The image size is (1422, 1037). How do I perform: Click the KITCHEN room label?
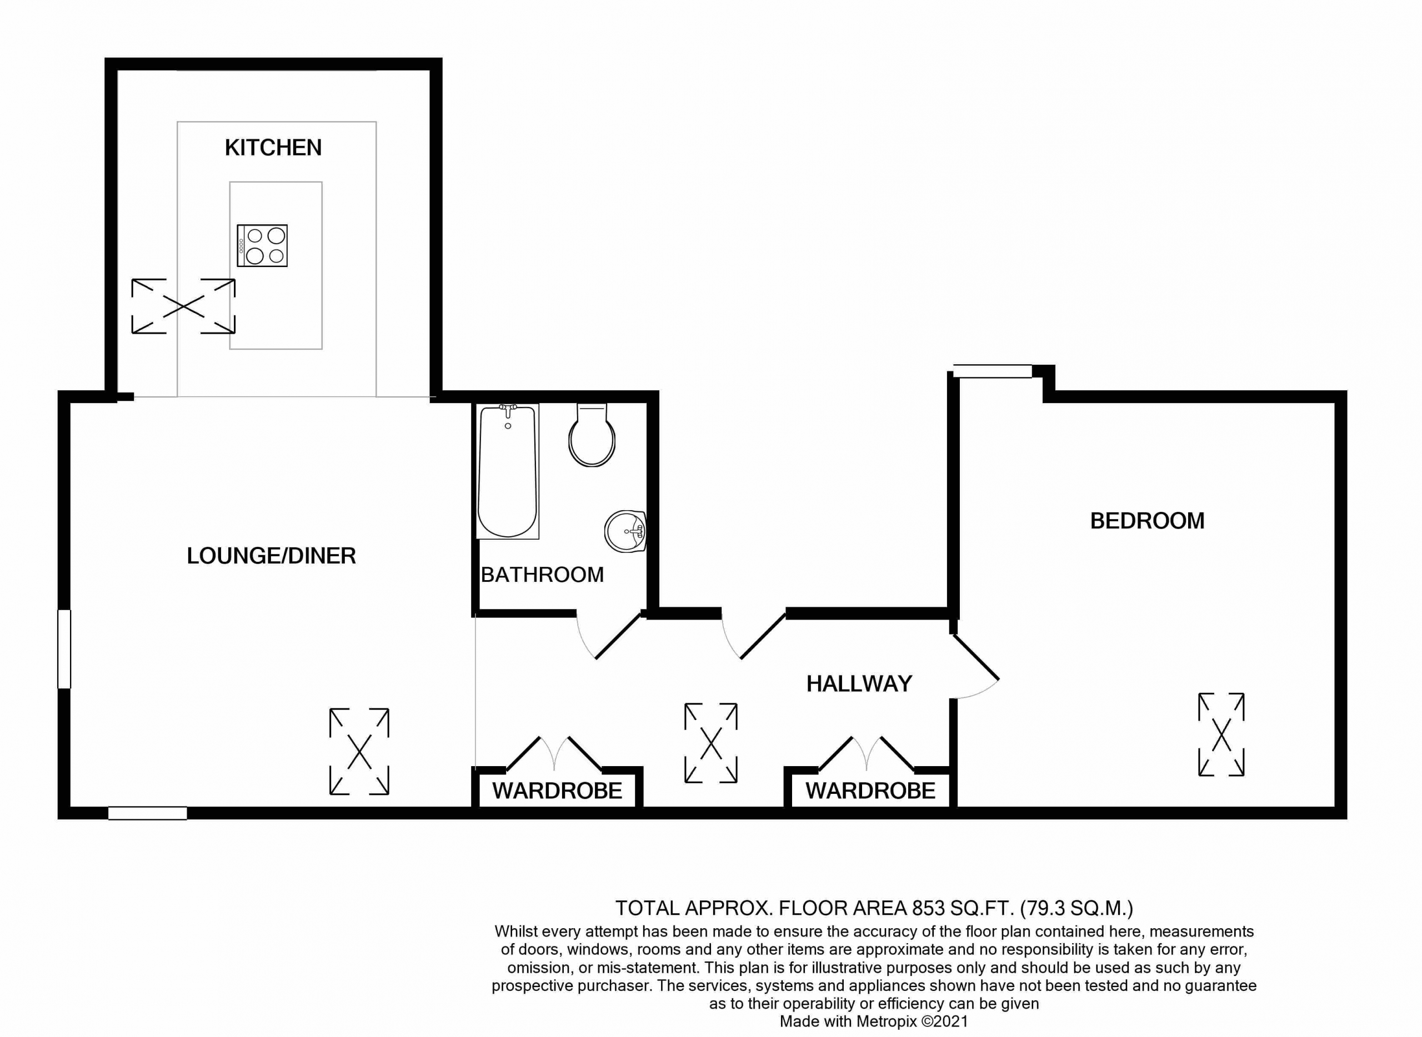[273, 148]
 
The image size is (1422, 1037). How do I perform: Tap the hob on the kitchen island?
[262, 245]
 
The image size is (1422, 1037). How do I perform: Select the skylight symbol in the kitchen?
[183, 306]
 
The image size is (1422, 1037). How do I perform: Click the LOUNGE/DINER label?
[271, 556]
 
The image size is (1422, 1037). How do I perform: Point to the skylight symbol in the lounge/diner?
[359, 752]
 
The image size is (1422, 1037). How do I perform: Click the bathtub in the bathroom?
[508, 471]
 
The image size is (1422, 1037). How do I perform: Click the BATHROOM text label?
[542, 575]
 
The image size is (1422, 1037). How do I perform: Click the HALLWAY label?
[859, 683]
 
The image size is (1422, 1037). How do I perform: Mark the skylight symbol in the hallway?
[710, 743]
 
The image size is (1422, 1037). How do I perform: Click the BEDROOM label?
[1147, 521]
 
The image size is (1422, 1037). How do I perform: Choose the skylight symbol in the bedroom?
[1221, 734]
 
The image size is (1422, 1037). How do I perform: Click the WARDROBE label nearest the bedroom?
[870, 791]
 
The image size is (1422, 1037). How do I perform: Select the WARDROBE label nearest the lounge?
[557, 791]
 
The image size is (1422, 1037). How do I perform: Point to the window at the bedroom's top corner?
[993, 371]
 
